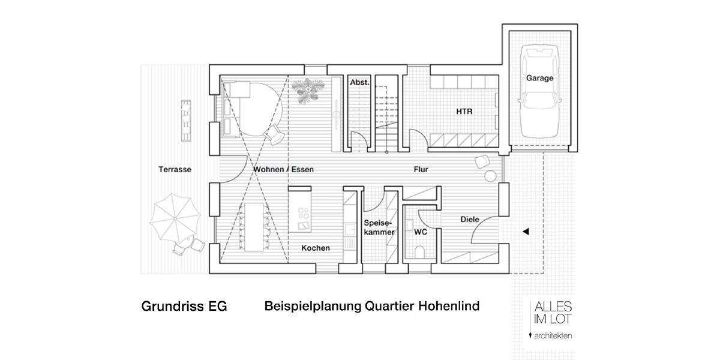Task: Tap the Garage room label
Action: [x=539, y=78]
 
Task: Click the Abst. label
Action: [x=359, y=82]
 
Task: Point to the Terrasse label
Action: [x=175, y=169]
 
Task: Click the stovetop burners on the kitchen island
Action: [x=303, y=214]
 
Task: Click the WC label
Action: [x=420, y=230]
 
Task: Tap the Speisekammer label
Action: [x=379, y=227]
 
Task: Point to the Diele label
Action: [x=469, y=220]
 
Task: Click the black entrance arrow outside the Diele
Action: [x=525, y=231]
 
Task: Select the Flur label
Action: [x=421, y=170]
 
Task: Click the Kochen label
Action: [x=315, y=248]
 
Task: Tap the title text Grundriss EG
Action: [x=184, y=307]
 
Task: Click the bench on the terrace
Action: [x=186, y=119]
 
